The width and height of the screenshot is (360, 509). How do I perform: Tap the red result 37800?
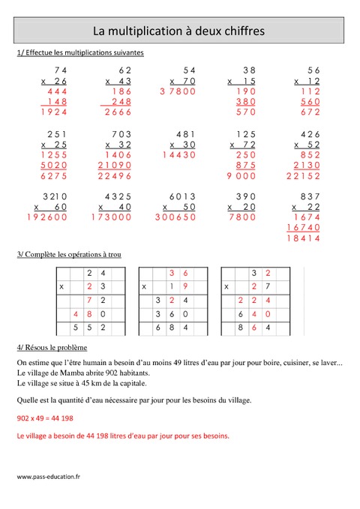point(178,91)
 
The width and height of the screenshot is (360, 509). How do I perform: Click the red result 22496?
point(114,176)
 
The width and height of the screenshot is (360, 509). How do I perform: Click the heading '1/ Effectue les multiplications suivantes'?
point(79,53)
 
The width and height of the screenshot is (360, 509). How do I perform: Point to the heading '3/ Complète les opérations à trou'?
point(68,255)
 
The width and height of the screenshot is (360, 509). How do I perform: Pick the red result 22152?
point(304,176)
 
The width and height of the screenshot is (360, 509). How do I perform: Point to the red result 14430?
point(178,155)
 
